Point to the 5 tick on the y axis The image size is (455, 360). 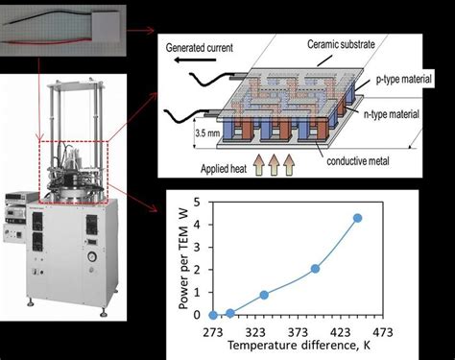tap(196, 203)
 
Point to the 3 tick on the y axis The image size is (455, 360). tap(196, 248)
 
